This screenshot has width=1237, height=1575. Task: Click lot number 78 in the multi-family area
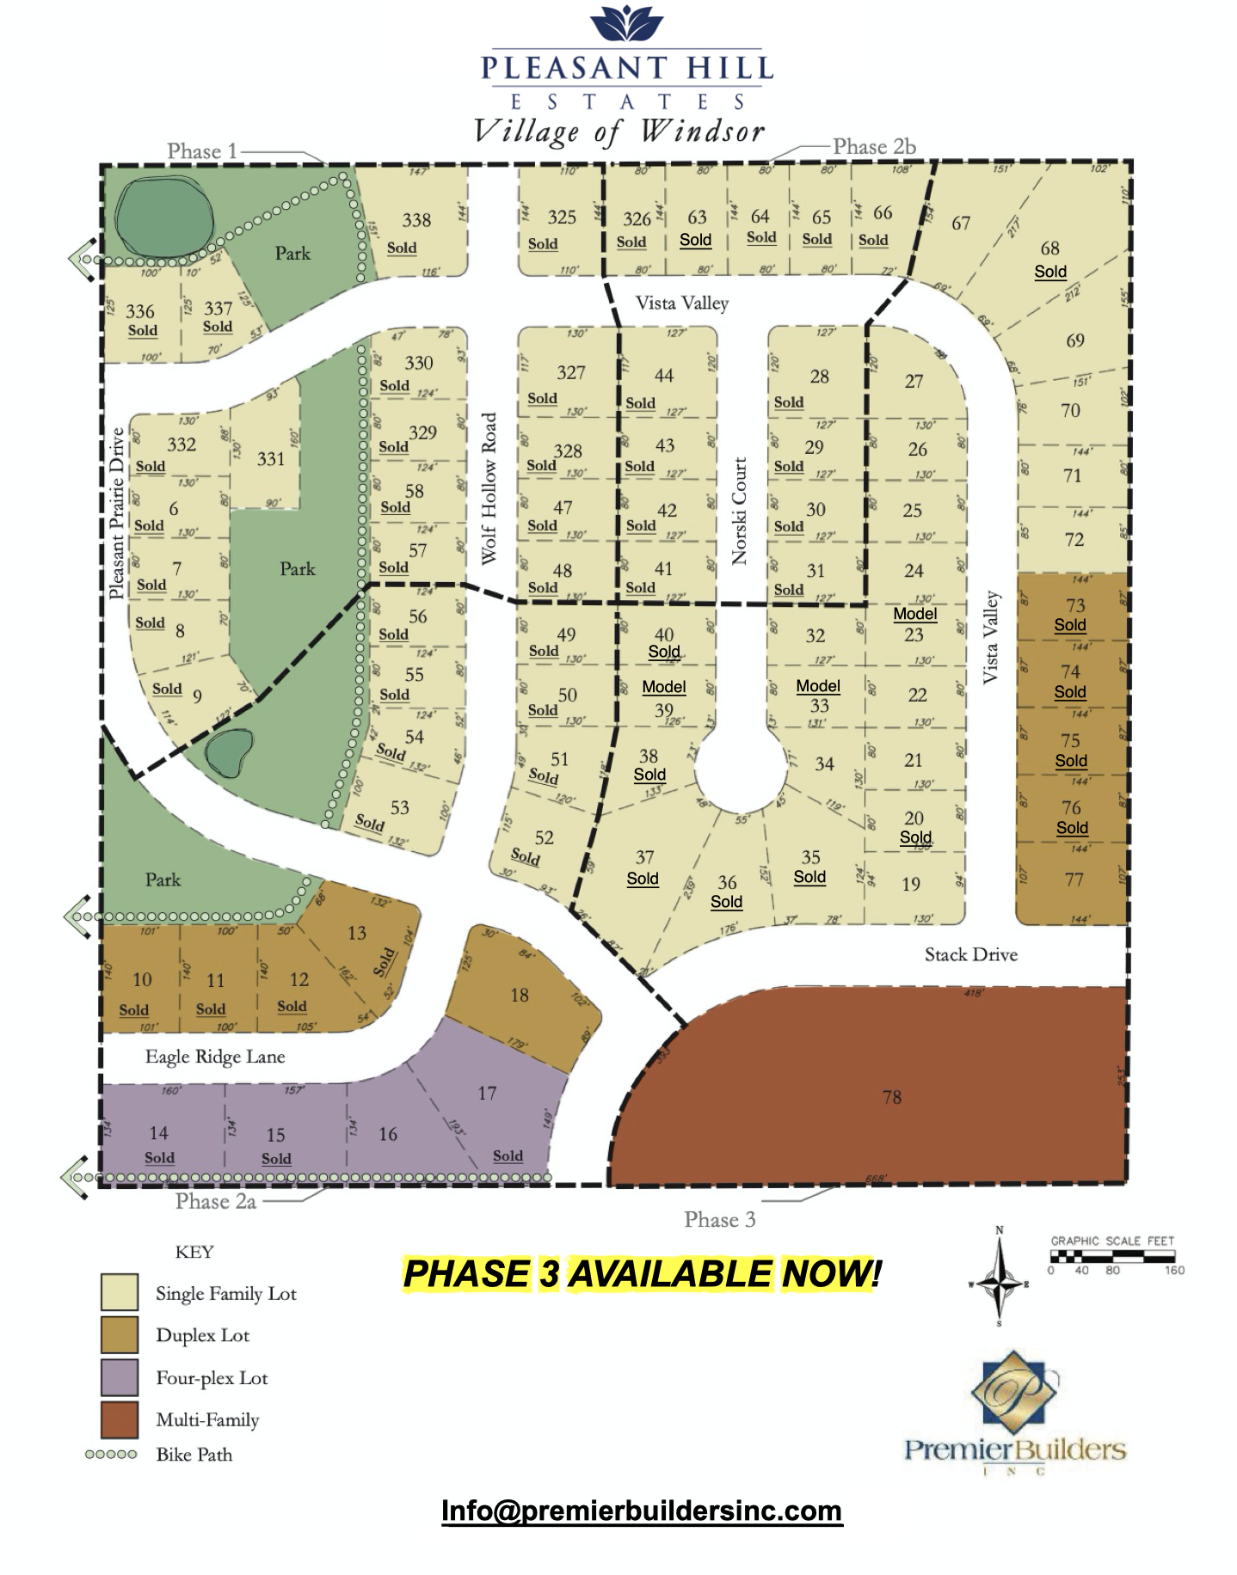click(x=891, y=1097)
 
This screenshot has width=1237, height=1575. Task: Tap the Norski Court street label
click(x=739, y=511)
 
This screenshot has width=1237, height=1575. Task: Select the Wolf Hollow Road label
click(x=489, y=488)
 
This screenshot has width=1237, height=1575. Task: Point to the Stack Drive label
click(x=970, y=954)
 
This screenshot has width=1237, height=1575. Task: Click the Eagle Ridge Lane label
click(x=215, y=1057)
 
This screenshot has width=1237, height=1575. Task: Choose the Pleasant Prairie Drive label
click(x=117, y=513)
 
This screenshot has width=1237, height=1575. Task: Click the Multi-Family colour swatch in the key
click(x=120, y=1419)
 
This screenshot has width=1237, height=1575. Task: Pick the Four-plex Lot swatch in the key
click(x=120, y=1377)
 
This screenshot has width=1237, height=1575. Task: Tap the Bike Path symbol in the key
click(x=111, y=1455)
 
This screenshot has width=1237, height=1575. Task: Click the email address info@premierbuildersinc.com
click(x=642, y=1511)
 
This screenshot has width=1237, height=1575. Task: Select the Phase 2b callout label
click(x=874, y=147)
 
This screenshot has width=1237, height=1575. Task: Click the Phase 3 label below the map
click(x=720, y=1219)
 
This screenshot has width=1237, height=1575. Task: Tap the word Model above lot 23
click(x=914, y=614)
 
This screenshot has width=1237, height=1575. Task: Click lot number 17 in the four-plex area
click(x=487, y=1093)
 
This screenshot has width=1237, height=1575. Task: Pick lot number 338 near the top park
click(x=416, y=220)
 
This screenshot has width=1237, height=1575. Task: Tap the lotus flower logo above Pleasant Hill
click(x=627, y=24)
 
